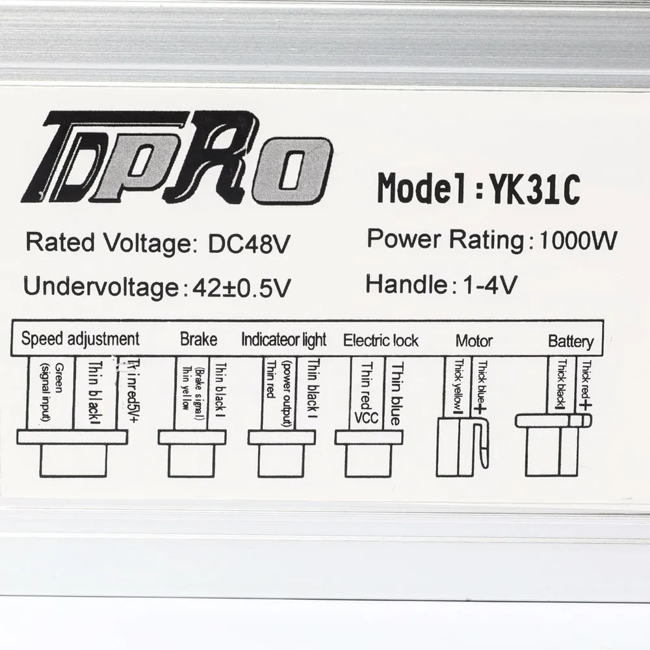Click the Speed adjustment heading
tap(80, 339)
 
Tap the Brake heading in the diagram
tap(198, 339)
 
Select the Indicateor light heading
tap(284, 339)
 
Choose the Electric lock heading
tap(381, 340)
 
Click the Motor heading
tap(474, 340)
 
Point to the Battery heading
tap(570, 341)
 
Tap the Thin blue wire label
tap(393, 393)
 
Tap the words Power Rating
tap(445, 239)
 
